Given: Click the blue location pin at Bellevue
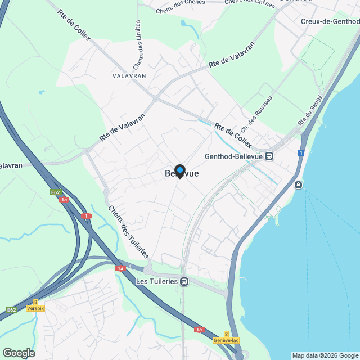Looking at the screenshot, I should coord(180,171).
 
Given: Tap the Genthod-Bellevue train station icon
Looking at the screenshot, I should coord(269,156).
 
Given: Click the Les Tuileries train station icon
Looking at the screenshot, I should coord(184,281).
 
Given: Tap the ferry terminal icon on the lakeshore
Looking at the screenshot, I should coord(298,184).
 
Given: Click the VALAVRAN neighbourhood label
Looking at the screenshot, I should coord(129,75).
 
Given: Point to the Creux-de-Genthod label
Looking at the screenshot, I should coord(330,21).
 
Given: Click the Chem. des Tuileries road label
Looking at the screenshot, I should coord(128,232).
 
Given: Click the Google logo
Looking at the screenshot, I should coord(19,353).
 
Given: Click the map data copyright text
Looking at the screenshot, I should coord(325,355).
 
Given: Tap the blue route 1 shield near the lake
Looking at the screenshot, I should coord(301,152).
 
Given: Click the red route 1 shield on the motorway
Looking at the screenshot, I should coord(85,216).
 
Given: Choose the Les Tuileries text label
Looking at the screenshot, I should coord(157,281).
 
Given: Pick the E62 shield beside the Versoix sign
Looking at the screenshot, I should coord(12,310).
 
